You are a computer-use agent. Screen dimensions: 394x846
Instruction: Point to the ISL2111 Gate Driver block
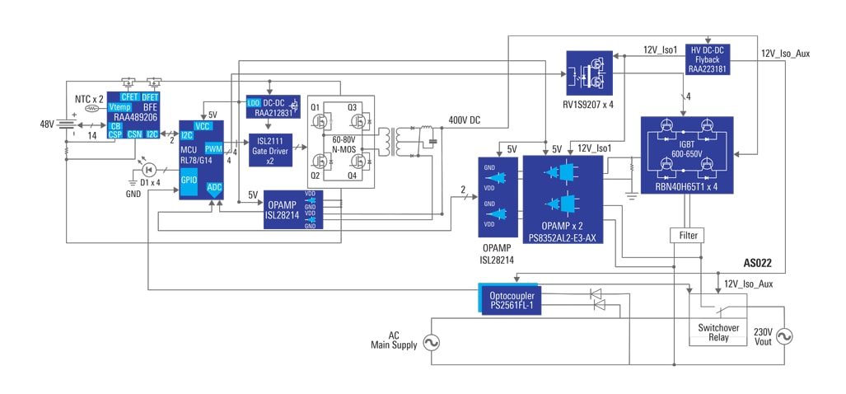(270, 150)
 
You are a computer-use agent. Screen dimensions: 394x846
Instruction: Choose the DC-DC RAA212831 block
(273, 109)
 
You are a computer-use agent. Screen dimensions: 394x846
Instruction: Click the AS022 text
(757, 263)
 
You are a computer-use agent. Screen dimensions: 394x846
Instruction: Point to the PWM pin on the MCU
(213, 149)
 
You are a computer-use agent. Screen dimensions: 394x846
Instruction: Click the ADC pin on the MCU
(214, 188)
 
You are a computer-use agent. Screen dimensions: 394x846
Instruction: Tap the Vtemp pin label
(120, 107)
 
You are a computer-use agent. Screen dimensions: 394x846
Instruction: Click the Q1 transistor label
(315, 108)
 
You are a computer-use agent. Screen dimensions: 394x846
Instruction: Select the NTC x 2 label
(89, 98)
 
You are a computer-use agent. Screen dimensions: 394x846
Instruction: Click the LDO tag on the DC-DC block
(253, 103)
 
